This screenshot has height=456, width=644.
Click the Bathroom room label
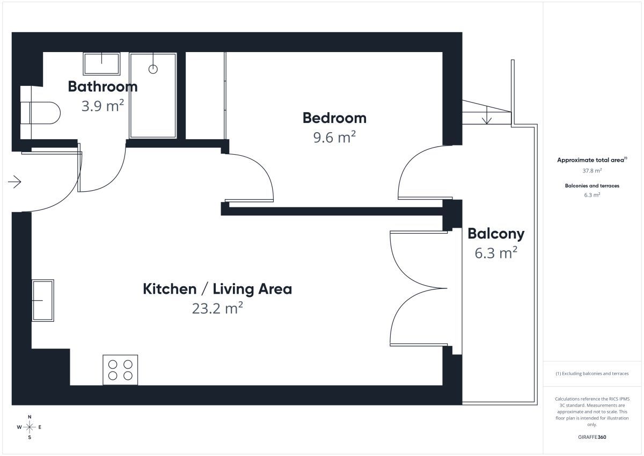tap(103, 86)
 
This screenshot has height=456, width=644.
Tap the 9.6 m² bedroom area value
tap(334, 137)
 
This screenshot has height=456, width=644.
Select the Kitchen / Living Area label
tap(217, 289)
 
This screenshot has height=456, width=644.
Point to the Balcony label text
tap(496, 234)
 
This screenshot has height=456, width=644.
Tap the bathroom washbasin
tap(101, 63)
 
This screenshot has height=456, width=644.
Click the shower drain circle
tap(153, 69)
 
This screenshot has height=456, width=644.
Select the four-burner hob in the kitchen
tap(120, 370)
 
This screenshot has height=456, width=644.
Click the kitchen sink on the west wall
tap(43, 300)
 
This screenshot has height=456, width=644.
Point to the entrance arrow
tap(14, 182)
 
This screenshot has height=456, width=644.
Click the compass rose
tap(30, 427)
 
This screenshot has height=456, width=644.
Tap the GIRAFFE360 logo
tap(592, 437)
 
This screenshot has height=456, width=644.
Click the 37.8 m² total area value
tap(592, 171)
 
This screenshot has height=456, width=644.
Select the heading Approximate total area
tap(592, 160)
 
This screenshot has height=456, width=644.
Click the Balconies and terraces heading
tap(592, 186)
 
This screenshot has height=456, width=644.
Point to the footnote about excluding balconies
tap(592, 373)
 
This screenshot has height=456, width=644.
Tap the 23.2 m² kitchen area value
tap(217, 308)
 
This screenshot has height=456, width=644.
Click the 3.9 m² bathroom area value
tap(103, 106)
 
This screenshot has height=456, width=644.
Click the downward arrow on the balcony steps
tap(486, 115)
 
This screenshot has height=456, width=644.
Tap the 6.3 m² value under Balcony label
tap(496, 253)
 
